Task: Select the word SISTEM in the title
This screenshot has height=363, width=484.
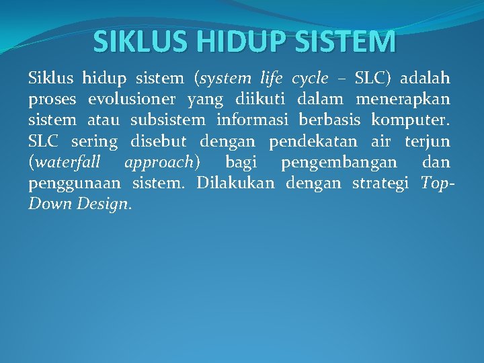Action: click(x=350, y=42)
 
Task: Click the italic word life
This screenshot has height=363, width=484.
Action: click(x=272, y=79)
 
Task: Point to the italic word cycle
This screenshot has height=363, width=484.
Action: click(x=310, y=79)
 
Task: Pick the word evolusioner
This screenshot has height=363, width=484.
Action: click(x=132, y=99)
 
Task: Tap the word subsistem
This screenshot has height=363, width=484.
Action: click(x=168, y=120)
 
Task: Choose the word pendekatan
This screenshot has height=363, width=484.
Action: click(x=313, y=142)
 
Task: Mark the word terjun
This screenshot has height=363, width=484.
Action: click(x=428, y=142)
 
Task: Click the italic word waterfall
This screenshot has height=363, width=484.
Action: click(x=67, y=163)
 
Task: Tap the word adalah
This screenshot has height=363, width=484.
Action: click(x=425, y=79)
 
